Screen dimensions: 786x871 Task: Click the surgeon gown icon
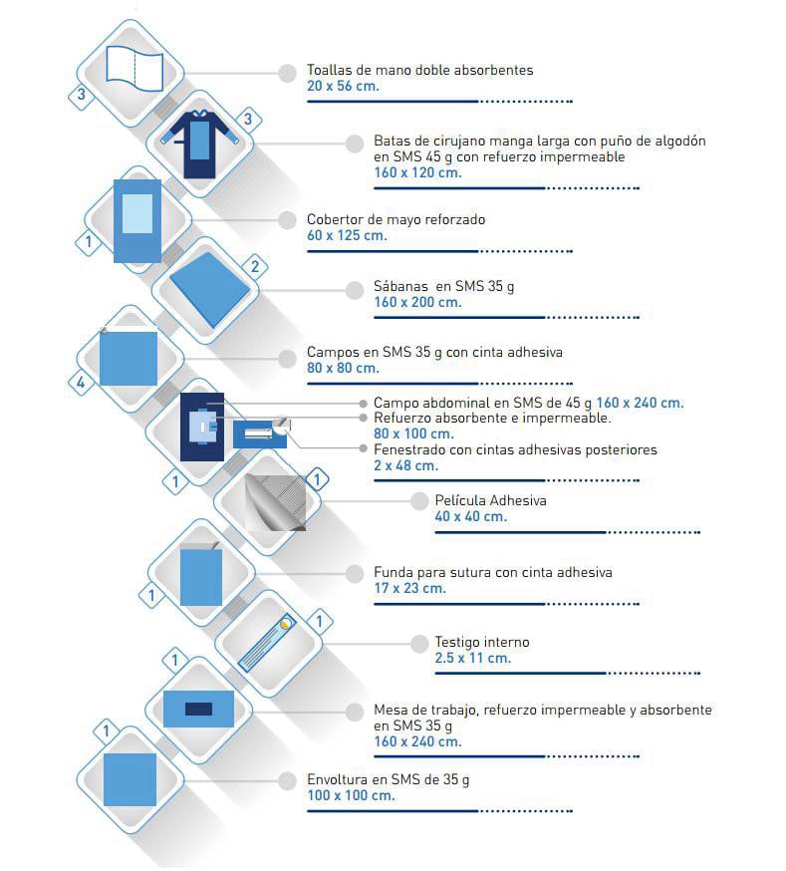pyautogui.click(x=200, y=144)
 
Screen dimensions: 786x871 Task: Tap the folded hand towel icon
pyautogui.click(x=134, y=69)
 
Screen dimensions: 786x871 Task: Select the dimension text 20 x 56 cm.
pyautogui.click(x=343, y=86)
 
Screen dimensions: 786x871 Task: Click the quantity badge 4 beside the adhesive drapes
pyautogui.click(x=81, y=382)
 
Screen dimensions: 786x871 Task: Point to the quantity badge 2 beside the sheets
pyautogui.click(x=255, y=267)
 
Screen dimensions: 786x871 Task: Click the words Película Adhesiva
pyautogui.click(x=491, y=500)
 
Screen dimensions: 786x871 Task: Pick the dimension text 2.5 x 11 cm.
pyautogui.click(x=472, y=659)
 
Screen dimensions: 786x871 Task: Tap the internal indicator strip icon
pyautogui.click(x=267, y=643)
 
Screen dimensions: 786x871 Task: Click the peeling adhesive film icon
pyautogui.click(x=275, y=502)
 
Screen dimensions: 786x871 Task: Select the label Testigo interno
pyautogui.click(x=482, y=642)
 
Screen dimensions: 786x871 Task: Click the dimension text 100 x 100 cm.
pyautogui.click(x=351, y=795)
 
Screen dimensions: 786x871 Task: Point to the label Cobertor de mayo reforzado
pyautogui.click(x=395, y=219)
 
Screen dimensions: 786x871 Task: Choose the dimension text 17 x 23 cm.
pyautogui.click(x=409, y=588)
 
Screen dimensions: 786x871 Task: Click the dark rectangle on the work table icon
pyautogui.click(x=198, y=709)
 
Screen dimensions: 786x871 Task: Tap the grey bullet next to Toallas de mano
pyautogui.click(x=287, y=74)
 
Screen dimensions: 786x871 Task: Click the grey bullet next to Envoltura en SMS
pyautogui.click(x=287, y=781)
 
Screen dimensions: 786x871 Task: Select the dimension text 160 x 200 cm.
pyautogui.click(x=417, y=302)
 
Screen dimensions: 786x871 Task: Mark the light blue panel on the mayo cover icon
pyautogui.click(x=137, y=214)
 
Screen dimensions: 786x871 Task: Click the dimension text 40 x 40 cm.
pyautogui.click(x=471, y=516)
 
